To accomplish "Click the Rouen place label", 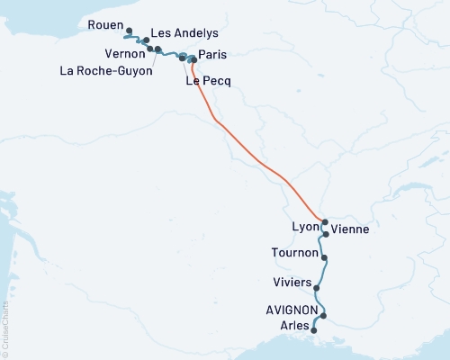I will pos(105,25).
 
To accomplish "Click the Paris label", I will pos(212,55).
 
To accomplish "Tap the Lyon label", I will pos(305,227).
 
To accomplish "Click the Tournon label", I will pos(293,254).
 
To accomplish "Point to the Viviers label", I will pos(292,283).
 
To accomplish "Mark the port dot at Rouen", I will pos(129,30).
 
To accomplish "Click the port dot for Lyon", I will pos(325,222).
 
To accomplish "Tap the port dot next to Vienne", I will pos(326,233).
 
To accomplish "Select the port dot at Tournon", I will pos(324,258).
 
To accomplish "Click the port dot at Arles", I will pos(313,331).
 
